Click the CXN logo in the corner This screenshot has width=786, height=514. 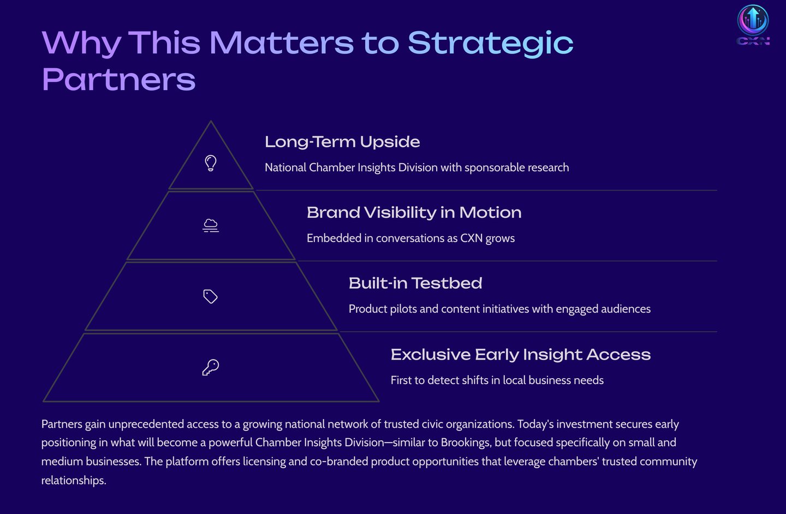click(753, 25)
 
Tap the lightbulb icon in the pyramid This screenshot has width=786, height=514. click(211, 163)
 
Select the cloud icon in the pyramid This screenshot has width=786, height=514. click(211, 225)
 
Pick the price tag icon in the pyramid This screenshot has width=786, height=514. click(210, 296)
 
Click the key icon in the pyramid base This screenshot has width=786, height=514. click(211, 367)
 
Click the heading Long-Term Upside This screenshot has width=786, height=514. click(342, 142)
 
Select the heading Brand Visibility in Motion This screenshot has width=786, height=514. click(414, 213)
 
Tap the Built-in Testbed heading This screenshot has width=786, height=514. click(415, 283)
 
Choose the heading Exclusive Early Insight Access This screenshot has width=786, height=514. click(521, 354)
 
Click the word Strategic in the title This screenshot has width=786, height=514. click(491, 44)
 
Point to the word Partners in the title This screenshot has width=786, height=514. click(118, 80)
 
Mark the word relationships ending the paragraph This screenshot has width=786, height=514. click(74, 480)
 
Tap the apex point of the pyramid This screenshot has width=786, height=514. click(211, 121)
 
